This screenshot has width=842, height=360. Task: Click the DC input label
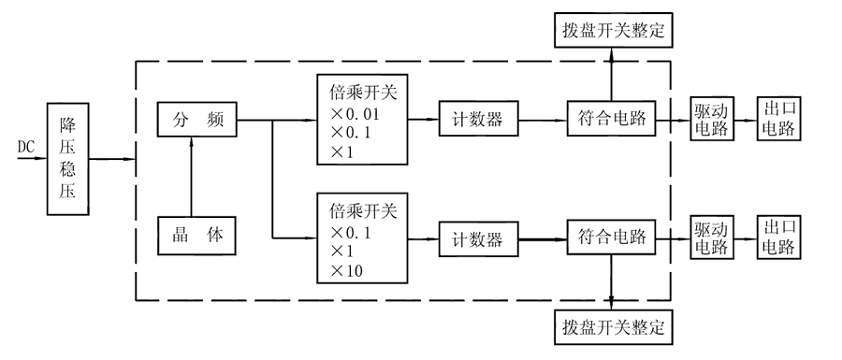(26, 147)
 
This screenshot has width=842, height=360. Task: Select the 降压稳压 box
(68, 157)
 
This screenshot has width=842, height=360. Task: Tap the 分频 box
(196, 120)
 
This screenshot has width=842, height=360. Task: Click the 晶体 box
(196, 237)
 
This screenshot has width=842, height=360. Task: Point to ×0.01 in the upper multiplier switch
(355, 112)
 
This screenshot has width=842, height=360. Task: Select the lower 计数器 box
(475, 238)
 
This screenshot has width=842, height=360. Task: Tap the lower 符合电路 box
(611, 238)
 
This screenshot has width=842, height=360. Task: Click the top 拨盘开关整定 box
(612, 31)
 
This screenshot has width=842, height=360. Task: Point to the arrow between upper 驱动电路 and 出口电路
(745, 120)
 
